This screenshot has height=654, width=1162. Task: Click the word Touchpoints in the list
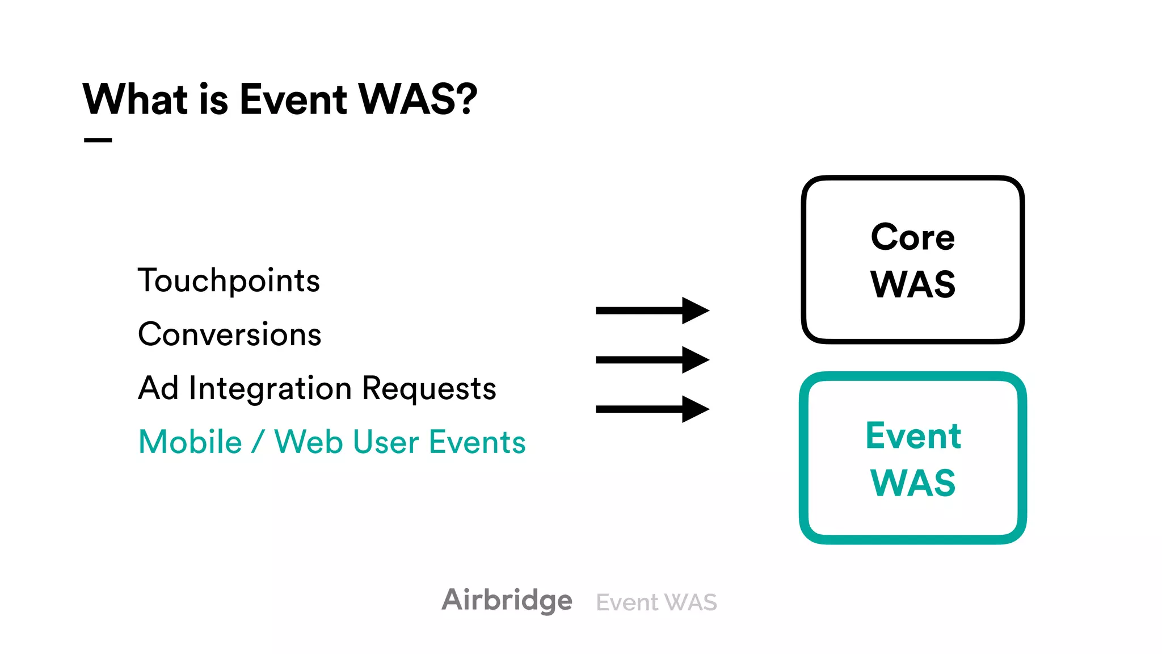[229, 280]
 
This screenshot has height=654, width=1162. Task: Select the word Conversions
[229, 334]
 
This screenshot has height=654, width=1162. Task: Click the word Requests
[428, 389]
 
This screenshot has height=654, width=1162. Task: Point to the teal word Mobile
[190, 442]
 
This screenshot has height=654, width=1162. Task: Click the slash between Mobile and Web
[258, 442]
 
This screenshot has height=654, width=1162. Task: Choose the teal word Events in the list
[477, 442]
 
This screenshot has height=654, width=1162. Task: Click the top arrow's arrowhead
[694, 311]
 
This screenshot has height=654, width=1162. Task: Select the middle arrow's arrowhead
[694, 360]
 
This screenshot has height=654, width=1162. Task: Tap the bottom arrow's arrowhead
[694, 409]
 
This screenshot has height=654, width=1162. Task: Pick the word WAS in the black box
[912, 284]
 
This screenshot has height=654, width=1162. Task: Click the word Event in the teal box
[912, 436]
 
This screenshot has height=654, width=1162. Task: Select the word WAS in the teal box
[912, 483]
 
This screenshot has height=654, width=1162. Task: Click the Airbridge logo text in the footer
[507, 600]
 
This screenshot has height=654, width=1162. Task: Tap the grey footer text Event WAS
[656, 602]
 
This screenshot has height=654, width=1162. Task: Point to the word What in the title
[135, 99]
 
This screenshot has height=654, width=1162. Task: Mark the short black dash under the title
[98, 140]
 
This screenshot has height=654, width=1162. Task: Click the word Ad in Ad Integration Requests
[158, 389]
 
